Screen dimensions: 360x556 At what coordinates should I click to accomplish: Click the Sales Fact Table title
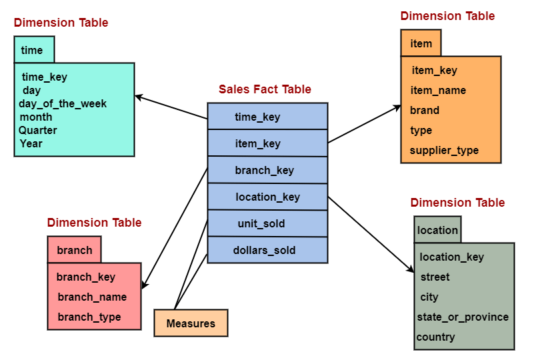(265, 89)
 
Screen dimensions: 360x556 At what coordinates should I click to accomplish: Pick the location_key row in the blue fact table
(267, 197)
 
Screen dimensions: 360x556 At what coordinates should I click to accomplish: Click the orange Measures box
(191, 323)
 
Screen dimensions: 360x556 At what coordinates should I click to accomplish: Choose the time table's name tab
(33, 50)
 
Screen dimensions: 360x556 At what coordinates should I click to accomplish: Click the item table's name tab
(421, 43)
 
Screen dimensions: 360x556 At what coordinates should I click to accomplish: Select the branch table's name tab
(74, 250)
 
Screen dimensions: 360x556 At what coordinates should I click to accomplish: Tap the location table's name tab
(437, 230)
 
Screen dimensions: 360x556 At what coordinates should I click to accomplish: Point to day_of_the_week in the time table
(63, 103)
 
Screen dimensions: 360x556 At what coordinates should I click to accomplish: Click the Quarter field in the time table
(38, 130)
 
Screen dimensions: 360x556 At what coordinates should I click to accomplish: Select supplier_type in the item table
(444, 150)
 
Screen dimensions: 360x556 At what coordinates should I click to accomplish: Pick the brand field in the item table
(425, 110)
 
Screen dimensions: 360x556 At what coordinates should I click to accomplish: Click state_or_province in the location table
(463, 317)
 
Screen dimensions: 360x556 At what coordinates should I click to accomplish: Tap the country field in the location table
(436, 337)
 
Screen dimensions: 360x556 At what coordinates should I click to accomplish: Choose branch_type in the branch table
(89, 317)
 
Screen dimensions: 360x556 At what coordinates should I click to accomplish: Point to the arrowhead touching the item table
(397, 107)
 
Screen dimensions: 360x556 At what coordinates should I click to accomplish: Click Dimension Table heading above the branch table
(94, 222)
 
